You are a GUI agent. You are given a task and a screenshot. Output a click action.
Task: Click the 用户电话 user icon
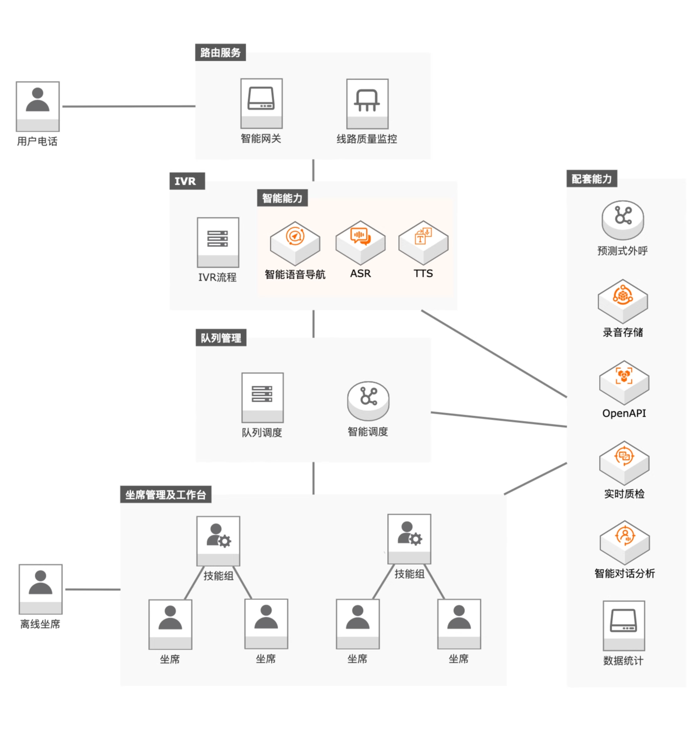[38, 106]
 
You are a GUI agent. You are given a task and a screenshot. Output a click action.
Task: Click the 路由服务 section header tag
[220, 53]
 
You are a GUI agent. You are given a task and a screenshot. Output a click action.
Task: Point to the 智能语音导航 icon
[295, 243]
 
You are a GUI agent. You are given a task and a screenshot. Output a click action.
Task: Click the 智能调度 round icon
[368, 400]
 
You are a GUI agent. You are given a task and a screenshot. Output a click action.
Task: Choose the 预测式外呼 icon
[623, 219]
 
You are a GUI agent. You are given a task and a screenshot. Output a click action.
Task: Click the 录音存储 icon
[623, 300]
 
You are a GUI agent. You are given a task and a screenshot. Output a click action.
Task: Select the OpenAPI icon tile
[624, 381]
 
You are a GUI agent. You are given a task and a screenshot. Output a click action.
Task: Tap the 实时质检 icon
[624, 462]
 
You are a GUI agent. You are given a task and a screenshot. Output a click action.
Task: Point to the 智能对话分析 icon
[625, 542]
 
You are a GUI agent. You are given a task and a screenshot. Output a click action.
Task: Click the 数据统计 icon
[624, 625]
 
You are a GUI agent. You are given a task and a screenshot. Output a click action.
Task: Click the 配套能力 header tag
[591, 179]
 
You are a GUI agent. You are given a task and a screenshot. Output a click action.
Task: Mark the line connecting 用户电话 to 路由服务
[128, 106]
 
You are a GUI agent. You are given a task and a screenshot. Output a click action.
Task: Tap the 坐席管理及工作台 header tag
[166, 495]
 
